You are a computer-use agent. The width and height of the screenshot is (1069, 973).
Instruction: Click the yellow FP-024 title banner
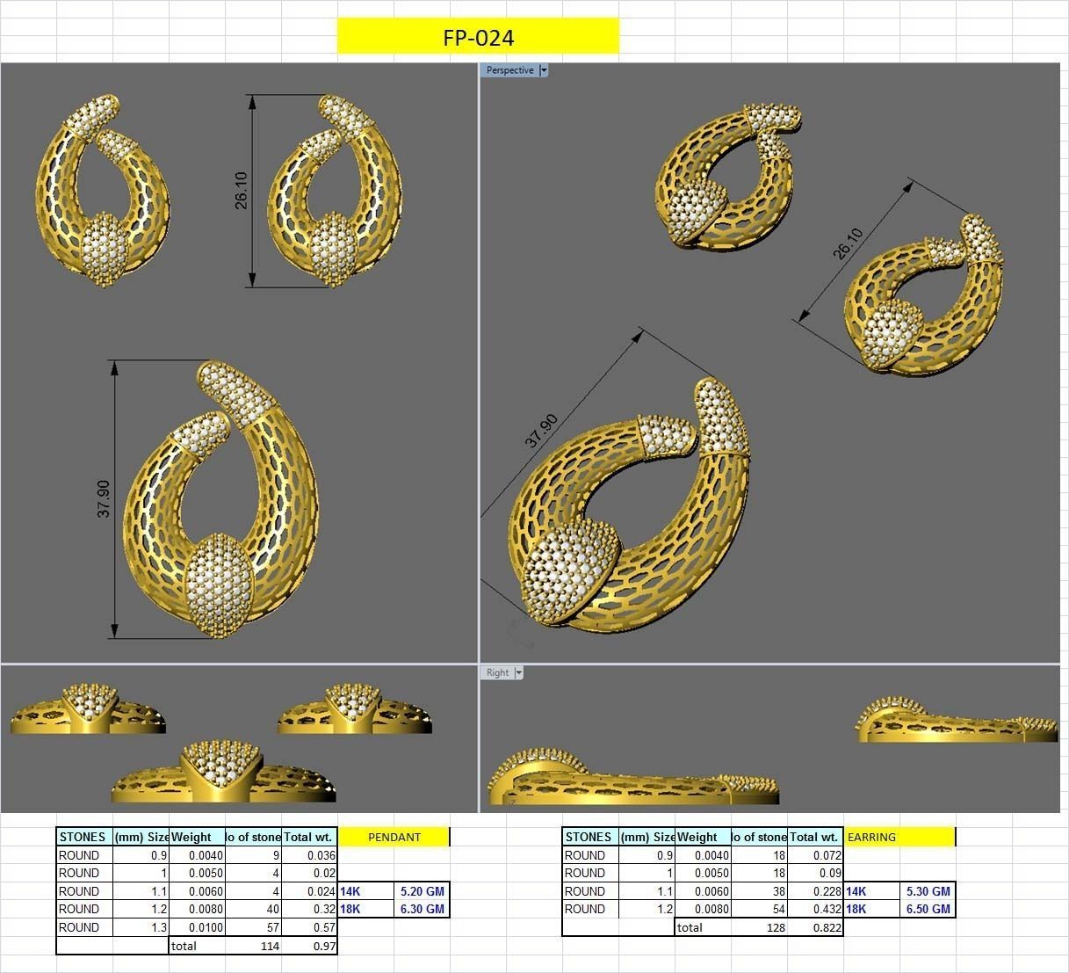pyautogui.click(x=478, y=37)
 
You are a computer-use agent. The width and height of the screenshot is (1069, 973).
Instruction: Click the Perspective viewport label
pyautogui.click(x=509, y=70)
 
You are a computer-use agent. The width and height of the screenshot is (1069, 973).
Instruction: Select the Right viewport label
pyautogui.click(x=497, y=672)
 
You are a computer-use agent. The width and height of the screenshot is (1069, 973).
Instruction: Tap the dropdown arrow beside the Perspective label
pyautogui.click(x=544, y=70)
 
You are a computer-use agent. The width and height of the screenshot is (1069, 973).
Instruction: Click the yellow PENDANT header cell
pyautogui.click(x=394, y=837)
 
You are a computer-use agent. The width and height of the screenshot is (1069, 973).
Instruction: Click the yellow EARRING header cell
pyautogui.click(x=899, y=837)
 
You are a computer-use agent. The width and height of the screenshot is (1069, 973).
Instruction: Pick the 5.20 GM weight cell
pyautogui.click(x=422, y=891)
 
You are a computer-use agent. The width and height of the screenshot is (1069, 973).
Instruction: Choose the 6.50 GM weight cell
pyautogui.click(x=928, y=909)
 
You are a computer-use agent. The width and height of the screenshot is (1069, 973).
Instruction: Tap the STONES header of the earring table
pyautogui.click(x=589, y=837)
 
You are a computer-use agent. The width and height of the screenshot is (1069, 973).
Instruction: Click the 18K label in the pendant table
pyautogui.click(x=350, y=909)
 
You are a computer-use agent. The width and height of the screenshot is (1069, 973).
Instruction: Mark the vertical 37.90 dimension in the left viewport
pyautogui.click(x=104, y=498)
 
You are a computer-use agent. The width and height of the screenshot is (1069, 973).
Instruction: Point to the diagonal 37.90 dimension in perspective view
pyautogui.click(x=541, y=431)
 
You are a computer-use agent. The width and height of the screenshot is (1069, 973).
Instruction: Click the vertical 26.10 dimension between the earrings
pyautogui.click(x=241, y=190)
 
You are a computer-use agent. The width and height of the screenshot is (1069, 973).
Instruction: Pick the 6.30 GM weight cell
pyautogui.click(x=422, y=909)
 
